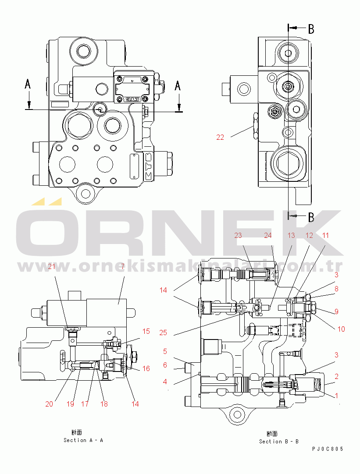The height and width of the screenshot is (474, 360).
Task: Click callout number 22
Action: (x=220, y=137)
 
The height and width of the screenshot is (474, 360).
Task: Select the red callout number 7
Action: (x=123, y=266)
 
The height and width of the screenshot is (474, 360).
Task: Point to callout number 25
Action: (x=163, y=333)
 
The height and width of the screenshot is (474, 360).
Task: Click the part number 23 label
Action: (x=238, y=235)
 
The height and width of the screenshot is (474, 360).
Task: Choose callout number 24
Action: (x=267, y=235)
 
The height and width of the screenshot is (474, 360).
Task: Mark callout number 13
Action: (x=291, y=235)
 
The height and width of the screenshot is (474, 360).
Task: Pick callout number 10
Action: (x=341, y=329)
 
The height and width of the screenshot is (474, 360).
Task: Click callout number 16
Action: (x=146, y=368)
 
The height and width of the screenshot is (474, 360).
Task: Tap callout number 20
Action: (x=49, y=404)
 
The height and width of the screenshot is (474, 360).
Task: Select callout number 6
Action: (x=165, y=365)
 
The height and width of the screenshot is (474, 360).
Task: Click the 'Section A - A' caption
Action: (x=83, y=440)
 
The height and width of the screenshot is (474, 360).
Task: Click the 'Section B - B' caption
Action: (x=278, y=441)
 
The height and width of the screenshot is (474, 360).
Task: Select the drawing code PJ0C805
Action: (x=328, y=449)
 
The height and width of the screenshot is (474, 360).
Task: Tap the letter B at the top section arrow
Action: (x=311, y=29)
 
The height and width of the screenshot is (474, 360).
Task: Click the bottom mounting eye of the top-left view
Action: (x=85, y=193)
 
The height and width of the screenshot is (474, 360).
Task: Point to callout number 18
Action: (x=104, y=404)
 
